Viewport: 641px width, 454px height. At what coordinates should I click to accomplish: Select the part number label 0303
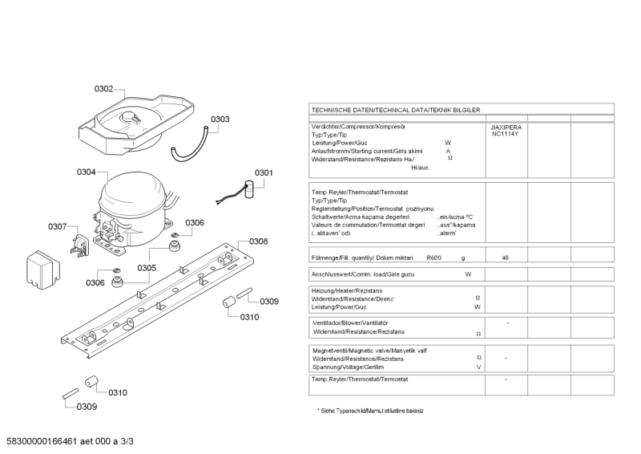(x=220, y=120)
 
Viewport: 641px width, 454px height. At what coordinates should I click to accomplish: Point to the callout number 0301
(x=264, y=172)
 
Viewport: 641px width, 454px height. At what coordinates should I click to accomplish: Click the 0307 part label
(x=57, y=227)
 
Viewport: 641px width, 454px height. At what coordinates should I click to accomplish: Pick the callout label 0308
(x=258, y=241)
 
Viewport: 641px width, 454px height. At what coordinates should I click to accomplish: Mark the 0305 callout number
(x=146, y=268)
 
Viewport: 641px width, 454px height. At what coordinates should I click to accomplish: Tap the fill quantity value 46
(x=505, y=257)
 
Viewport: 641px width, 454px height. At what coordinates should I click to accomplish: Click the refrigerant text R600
(x=433, y=257)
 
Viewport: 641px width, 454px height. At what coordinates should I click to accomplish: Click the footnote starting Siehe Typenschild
(x=372, y=411)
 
